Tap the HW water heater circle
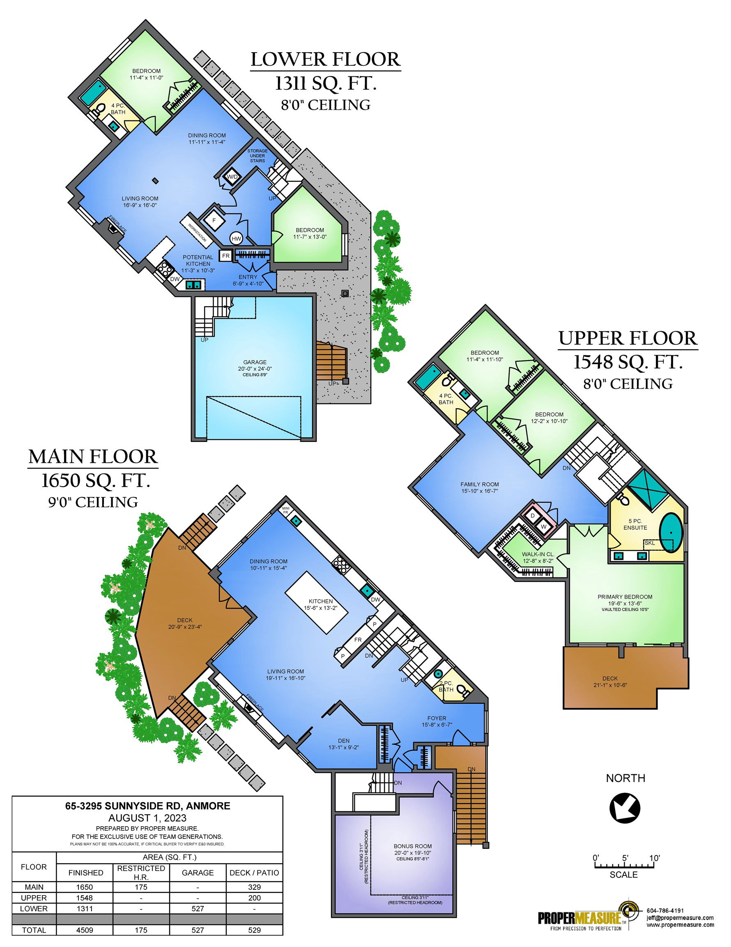tap(236, 238)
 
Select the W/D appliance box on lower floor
tap(233, 176)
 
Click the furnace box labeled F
tap(214, 220)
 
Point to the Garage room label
tap(255, 362)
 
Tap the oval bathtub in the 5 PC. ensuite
tap(671, 533)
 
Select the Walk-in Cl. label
tap(538, 554)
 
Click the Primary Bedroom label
tap(625, 597)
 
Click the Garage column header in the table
tap(198, 873)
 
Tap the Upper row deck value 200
tap(254, 898)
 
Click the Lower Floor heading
tap(325, 60)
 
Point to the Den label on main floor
tap(344, 741)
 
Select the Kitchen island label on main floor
tap(321, 601)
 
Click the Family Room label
tap(480, 484)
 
